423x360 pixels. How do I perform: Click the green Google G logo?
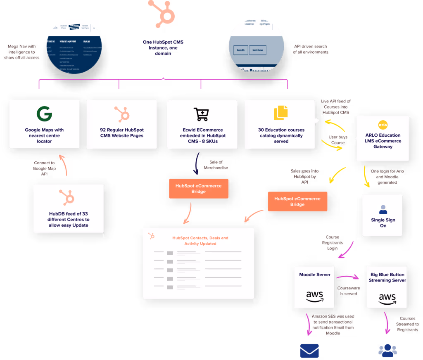[44, 114]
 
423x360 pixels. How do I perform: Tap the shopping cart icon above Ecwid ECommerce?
[201, 114]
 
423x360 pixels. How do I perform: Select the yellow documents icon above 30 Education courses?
[280, 113]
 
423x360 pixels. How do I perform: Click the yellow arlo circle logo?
[383, 125]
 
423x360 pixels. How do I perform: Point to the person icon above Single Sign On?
[383, 209]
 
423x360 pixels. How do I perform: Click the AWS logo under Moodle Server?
[315, 296]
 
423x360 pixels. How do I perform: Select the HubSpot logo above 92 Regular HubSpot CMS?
[122, 114]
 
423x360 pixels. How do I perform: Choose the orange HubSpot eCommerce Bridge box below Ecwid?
[198, 189]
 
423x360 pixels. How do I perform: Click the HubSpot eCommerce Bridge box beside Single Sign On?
[297, 201]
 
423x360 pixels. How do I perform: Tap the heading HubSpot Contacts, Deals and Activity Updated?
[200, 241]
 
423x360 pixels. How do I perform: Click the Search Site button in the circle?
[240, 50]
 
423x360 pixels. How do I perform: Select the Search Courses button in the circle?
[258, 50]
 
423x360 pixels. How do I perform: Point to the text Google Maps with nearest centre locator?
[44, 135]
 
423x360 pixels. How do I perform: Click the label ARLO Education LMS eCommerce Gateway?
[383, 141]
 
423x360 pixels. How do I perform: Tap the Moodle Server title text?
[315, 275]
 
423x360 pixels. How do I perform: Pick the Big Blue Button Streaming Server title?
[387, 277]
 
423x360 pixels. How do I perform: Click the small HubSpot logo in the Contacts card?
[152, 236]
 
